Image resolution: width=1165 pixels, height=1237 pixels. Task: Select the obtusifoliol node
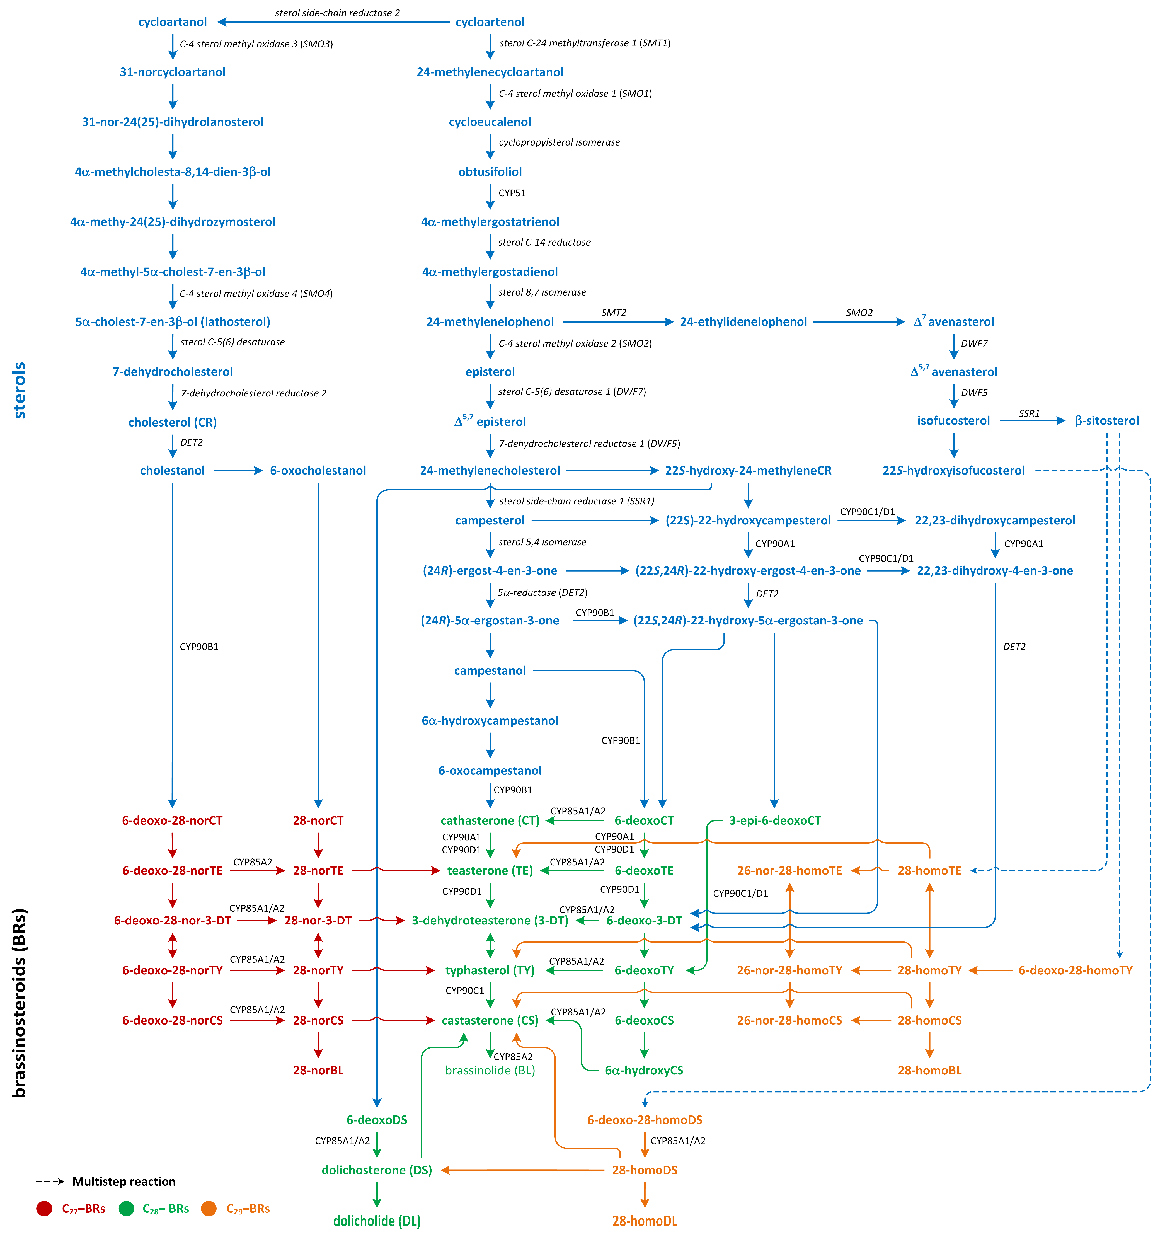click(x=490, y=172)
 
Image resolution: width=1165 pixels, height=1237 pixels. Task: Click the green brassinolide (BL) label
click(x=490, y=1070)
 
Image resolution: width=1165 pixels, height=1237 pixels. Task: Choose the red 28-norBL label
click(x=318, y=1070)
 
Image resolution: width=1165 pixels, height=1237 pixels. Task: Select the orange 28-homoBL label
click(x=929, y=1070)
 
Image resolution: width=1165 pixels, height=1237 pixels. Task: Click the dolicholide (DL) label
click(x=377, y=1221)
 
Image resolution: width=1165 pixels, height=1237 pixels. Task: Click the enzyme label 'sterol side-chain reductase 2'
click(x=337, y=13)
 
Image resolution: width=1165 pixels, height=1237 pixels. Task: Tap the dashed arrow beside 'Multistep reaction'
click(x=50, y=1181)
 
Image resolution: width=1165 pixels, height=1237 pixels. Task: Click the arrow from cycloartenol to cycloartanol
click(x=333, y=22)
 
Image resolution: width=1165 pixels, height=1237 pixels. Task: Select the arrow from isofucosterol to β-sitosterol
click(x=1032, y=421)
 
